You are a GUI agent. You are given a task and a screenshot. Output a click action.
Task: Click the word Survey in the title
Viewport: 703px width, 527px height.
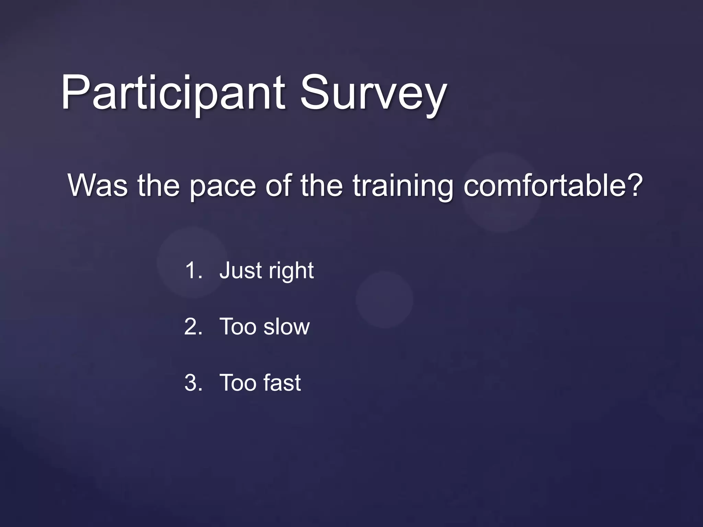coord(373,93)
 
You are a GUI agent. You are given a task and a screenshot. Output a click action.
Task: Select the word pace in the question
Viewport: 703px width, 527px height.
coord(222,186)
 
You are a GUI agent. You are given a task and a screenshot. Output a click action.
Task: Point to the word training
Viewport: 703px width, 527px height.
coord(403,186)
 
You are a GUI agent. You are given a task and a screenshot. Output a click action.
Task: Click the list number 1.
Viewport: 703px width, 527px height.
coord(192,270)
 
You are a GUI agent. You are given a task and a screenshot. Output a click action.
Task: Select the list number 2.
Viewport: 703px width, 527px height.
coord(192,326)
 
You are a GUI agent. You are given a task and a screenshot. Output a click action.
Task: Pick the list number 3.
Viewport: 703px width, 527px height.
coord(192,383)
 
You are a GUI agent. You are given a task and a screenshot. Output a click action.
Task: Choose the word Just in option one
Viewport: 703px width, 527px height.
coord(241,270)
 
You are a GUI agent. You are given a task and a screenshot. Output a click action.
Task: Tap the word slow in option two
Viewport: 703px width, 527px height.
coord(287,326)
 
